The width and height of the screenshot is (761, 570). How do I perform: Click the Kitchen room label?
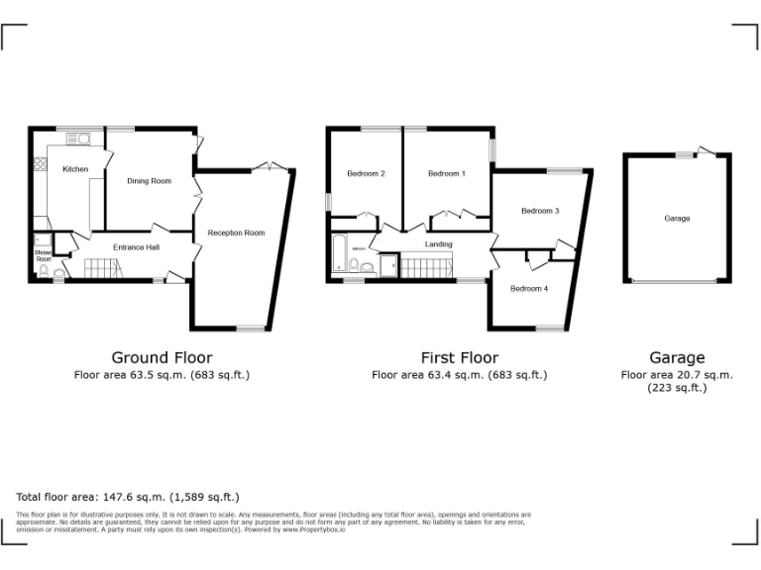pyautogui.click(x=75, y=169)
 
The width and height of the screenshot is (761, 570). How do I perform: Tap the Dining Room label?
pyautogui.click(x=149, y=181)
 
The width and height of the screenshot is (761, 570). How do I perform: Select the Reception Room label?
pyautogui.click(x=236, y=233)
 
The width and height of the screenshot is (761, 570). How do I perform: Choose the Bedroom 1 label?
pyautogui.click(x=446, y=174)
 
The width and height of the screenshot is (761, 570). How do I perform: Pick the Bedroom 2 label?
pyautogui.click(x=366, y=174)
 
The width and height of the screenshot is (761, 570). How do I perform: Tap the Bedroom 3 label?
pyautogui.click(x=541, y=210)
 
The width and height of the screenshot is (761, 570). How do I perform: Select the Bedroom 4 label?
pyautogui.click(x=529, y=288)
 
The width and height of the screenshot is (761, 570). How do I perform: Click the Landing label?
pyautogui.click(x=439, y=244)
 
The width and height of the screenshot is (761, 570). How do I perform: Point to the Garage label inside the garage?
pyautogui.click(x=678, y=218)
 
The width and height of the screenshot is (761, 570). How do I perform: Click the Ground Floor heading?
pyautogui.click(x=162, y=357)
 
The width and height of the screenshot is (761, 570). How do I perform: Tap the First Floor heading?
pyautogui.click(x=459, y=357)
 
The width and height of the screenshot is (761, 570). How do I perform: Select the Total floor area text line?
pyautogui.click(x=128, y=497)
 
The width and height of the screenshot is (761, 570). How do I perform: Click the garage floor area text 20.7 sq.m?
pyautogui.click(x=677, y=375)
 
